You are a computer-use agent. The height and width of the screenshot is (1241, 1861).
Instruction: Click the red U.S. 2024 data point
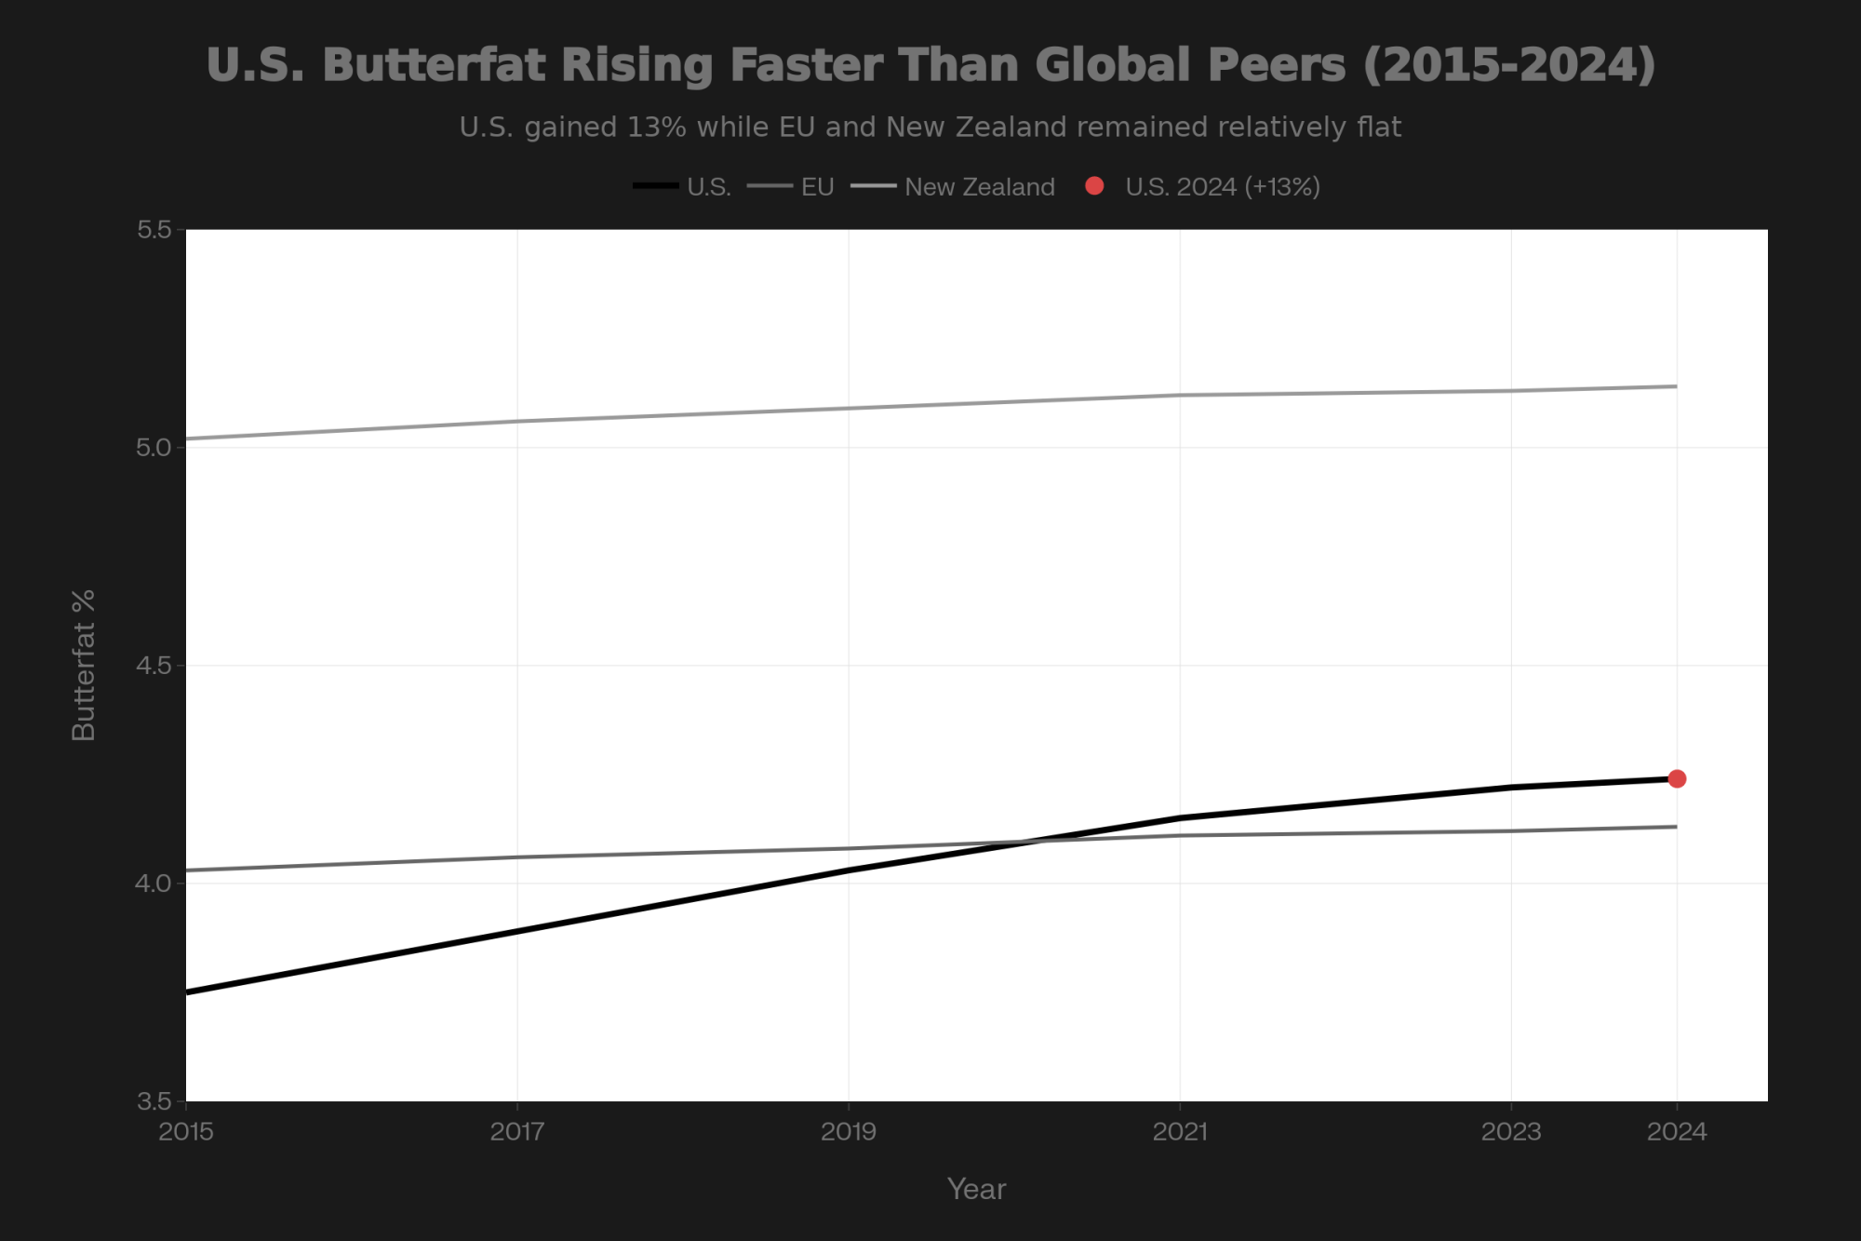(1677, 778)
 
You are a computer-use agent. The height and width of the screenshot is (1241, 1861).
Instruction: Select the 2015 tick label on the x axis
(186, 1132)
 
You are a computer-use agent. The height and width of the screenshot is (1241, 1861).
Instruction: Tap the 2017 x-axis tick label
(517, 1132)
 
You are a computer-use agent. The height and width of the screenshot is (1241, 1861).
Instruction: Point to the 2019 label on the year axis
(849, 1132)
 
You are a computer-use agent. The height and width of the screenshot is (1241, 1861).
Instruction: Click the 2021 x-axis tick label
(1180, 1132)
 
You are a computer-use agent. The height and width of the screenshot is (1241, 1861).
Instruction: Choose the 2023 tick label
(1511, 1132)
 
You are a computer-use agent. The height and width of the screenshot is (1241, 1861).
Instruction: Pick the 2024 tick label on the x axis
(1677, 1132)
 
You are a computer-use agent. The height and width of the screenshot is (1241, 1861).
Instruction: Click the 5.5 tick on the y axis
(154, 230)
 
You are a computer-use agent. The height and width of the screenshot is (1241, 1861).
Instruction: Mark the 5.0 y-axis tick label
(154, 448)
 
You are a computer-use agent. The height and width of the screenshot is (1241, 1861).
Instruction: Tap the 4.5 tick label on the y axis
(154, 666)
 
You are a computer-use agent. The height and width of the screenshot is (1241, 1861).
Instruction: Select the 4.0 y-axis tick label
(154, 884)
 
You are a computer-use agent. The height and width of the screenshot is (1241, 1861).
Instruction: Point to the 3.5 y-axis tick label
(154, 1101)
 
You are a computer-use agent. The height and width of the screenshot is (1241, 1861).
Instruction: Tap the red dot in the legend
(1094, 186)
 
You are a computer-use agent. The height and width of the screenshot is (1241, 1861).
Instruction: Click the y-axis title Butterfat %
(84, 666)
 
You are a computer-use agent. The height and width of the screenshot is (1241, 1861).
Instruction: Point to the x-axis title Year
(976, 1189)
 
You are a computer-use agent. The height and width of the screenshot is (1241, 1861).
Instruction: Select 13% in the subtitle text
(656, 127)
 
